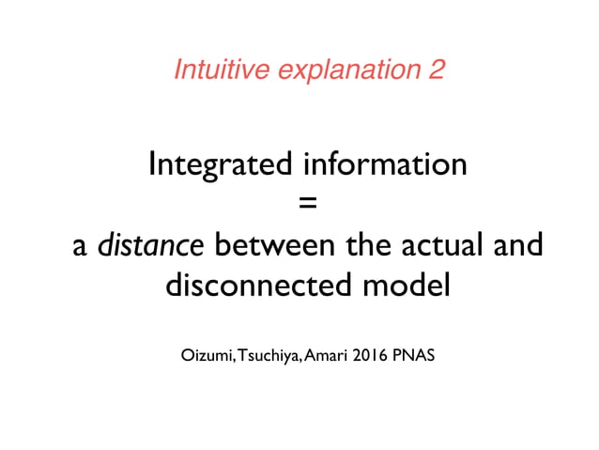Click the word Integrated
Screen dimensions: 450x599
[x=222, y=165]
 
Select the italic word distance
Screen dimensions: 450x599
[x=151, y=245]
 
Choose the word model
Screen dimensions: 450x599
[x=411, y=285]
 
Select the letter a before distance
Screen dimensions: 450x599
[x=81, y=248]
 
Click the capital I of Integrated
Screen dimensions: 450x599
[x=153, y=164]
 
